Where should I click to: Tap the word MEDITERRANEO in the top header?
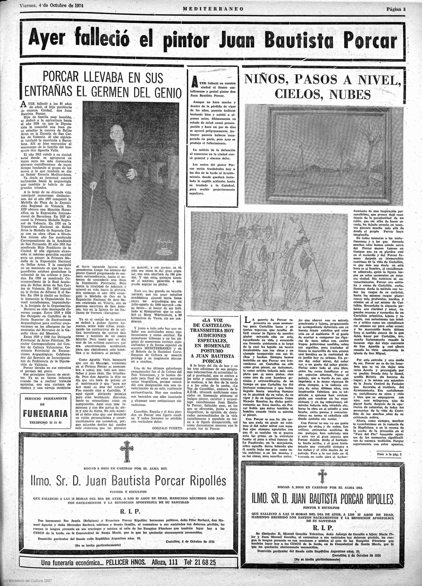click(213, 9)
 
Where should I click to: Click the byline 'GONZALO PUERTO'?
click(167, 428)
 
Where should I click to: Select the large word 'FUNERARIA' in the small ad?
click(45, 413)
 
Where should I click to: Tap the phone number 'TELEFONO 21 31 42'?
click(45, 423)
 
